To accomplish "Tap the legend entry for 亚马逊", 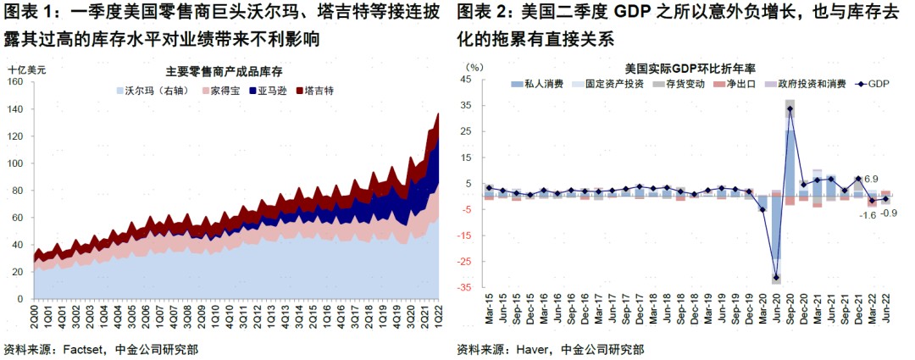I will tap(269, 90).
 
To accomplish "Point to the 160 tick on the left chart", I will tap(15, 81).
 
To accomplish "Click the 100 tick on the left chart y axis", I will tap(15, 163).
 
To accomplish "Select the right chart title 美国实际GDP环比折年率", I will tap(690, 67).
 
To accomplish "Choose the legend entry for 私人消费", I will tap(533, 84).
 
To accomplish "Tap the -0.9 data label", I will tap(890, 213).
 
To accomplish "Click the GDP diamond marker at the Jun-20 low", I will tap(776, 277).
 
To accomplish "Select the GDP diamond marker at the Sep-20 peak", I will tap(790, 108).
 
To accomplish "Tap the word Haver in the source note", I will tap(531, 348).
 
